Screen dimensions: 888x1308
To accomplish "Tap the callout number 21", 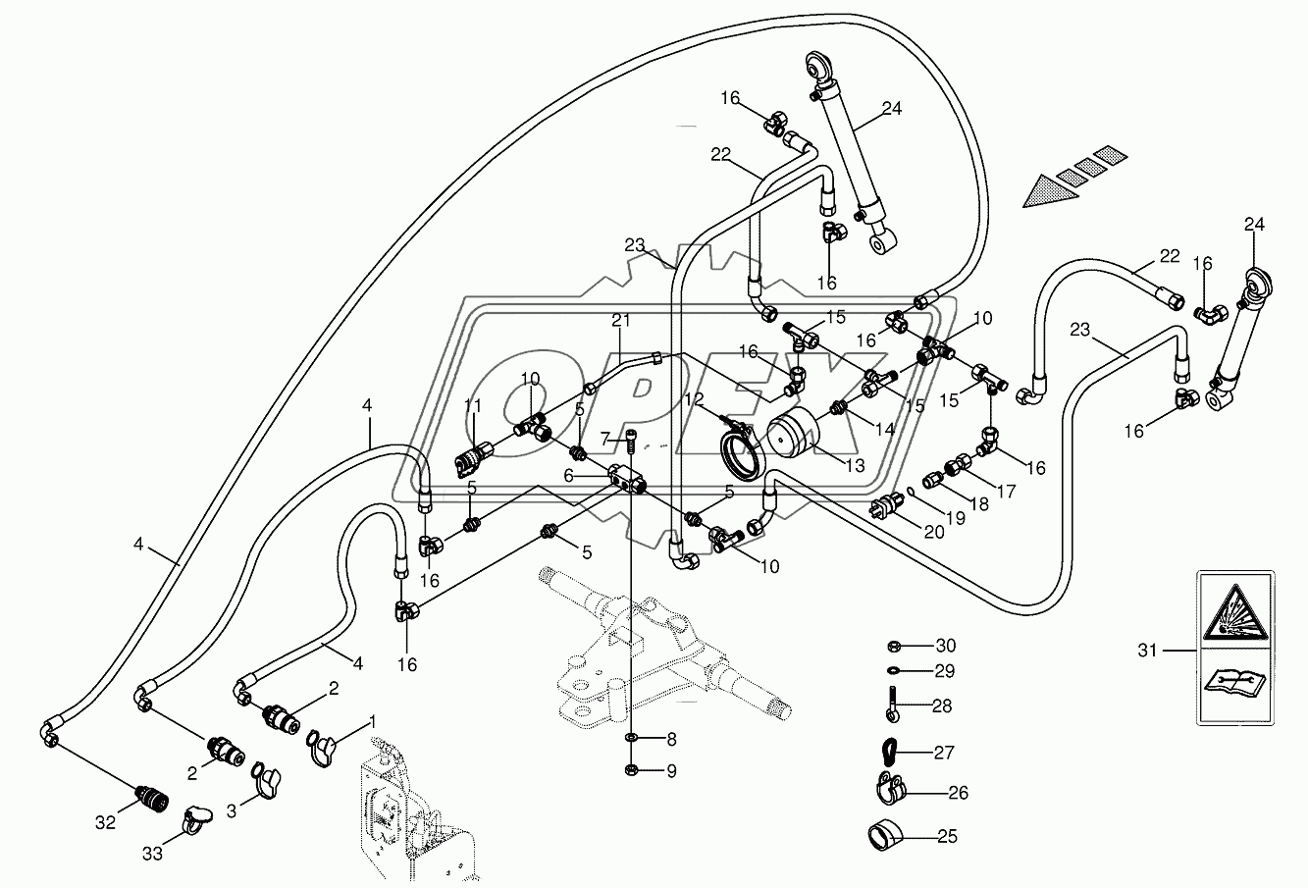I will coord(620,321).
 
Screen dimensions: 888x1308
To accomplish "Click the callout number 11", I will coord(474,406).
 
